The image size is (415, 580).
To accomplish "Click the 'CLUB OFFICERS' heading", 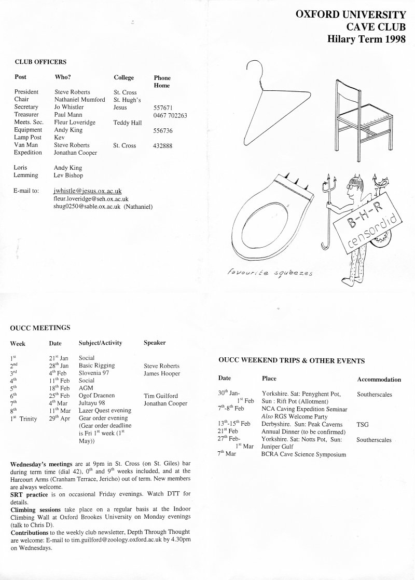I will point(40,62).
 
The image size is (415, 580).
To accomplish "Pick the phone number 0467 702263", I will point(170,115).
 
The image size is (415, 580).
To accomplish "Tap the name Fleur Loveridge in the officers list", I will point(75,123).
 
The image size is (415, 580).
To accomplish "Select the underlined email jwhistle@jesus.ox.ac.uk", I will point(88,191).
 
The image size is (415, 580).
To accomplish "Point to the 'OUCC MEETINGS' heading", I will point(40,328).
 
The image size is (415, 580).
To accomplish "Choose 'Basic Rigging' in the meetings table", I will point(96,366).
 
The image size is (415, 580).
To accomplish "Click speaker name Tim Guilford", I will point(162,396).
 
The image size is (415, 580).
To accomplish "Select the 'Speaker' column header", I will point(155,343).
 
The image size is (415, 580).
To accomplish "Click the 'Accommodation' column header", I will point(379,380).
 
